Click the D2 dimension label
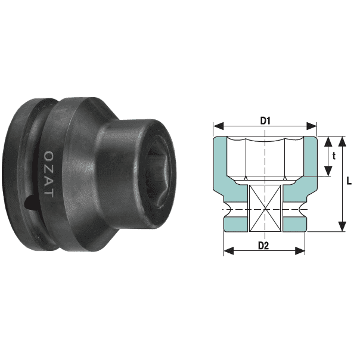264,246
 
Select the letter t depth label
334,156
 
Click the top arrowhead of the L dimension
342,141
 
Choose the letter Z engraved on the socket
48,167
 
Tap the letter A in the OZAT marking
48,181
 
